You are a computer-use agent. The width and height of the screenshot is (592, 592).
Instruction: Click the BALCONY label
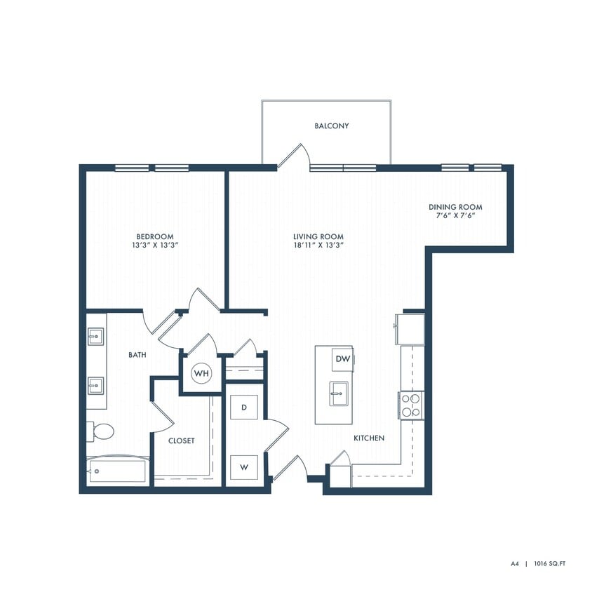tap(331, 126)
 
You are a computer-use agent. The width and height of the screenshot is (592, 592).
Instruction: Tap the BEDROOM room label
tap(154, 237)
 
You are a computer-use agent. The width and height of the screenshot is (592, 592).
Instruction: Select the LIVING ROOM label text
tap(318, 237)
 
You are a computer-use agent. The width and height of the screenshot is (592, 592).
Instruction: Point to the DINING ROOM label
tap(455, 207)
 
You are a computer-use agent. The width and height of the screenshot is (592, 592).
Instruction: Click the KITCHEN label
tap(368, 438)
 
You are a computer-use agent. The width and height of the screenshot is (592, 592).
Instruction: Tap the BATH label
tap(137, 355)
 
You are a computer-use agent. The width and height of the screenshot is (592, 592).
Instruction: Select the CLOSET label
tap(181, 440)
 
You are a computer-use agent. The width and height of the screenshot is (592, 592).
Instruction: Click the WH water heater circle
tap(201, 373)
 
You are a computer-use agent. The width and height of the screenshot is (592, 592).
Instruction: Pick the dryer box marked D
tap(244, 408)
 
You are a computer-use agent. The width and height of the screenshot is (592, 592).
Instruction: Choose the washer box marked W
tap(244, 466)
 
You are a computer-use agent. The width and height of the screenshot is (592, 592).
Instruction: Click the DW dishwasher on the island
tap(342, 359)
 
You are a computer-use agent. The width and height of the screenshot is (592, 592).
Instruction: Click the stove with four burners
tap(411, 405)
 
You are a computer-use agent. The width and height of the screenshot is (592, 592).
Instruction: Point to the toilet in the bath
tap(100, 431)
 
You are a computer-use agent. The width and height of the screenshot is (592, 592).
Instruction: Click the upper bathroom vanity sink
tap(96, 337)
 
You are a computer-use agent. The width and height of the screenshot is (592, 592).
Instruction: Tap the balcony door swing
tap(293, 156)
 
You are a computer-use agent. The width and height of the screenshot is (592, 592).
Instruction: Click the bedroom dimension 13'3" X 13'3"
tap(154, 246)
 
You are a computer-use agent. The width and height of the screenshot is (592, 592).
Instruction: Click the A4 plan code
tap(515, 563)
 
